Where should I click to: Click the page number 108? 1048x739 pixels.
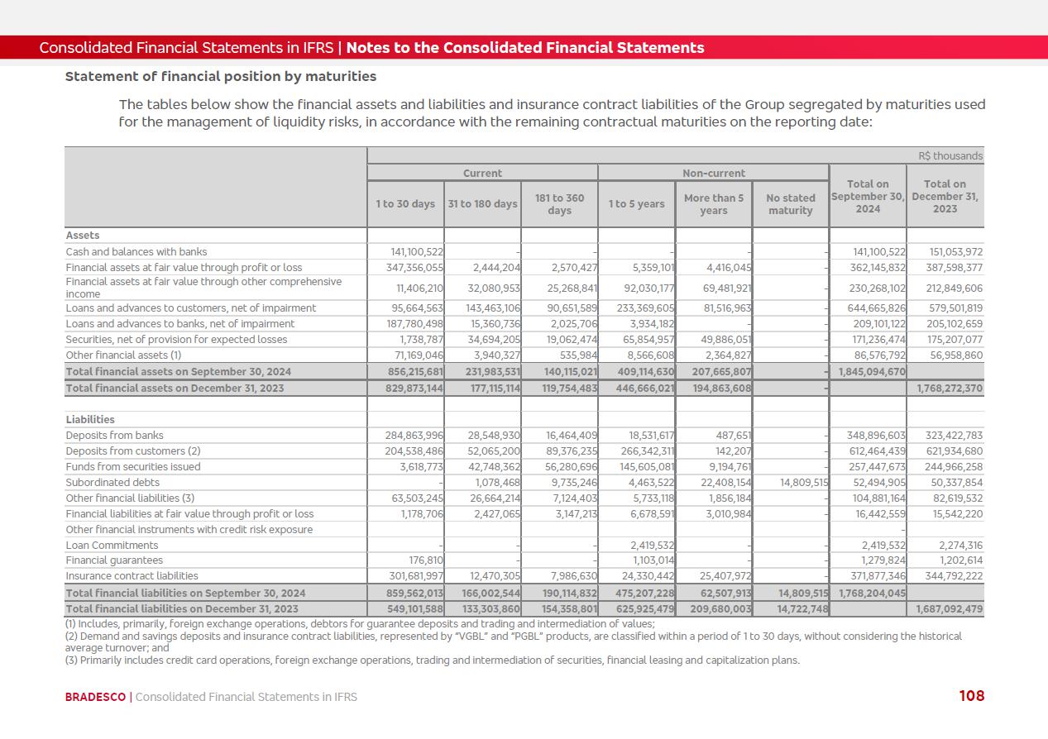[971, 696]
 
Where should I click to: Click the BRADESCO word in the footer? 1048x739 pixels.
[95, 697]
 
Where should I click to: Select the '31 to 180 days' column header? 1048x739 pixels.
[482, 204]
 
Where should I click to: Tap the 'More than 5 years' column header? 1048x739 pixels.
[713, 204]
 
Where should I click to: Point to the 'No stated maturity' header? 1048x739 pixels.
[790, 204]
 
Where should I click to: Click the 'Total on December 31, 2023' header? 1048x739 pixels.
[945, 197]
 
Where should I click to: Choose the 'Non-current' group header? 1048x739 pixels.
[713, 174]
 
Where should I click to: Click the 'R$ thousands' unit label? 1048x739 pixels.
[950, 156]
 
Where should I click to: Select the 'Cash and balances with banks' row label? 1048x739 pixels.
[136, 252]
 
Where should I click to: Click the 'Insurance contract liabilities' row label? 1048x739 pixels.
[132, 576]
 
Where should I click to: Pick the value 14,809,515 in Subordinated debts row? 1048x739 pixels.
[803, 483]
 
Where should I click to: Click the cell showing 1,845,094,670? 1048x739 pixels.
[872, 372]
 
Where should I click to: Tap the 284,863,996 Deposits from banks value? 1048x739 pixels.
[414, 436]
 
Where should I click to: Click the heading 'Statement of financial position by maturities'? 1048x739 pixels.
[221, 77]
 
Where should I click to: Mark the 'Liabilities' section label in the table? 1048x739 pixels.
[90, 420]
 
